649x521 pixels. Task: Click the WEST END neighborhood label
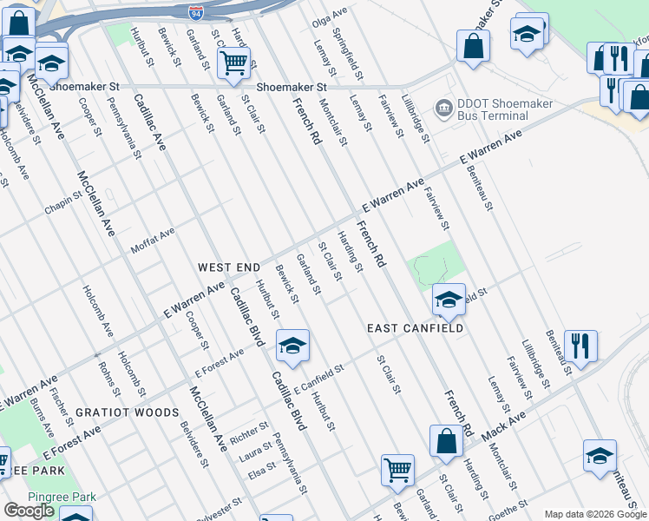[229, 267]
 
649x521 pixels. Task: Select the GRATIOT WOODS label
[127, 412]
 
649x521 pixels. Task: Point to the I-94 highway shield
[195, 12]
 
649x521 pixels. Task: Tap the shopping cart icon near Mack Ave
[397, 469]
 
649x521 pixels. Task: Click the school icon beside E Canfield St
[292, 346]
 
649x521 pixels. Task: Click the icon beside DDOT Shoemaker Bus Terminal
[444, 109]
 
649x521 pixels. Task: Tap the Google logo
[29, 511]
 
